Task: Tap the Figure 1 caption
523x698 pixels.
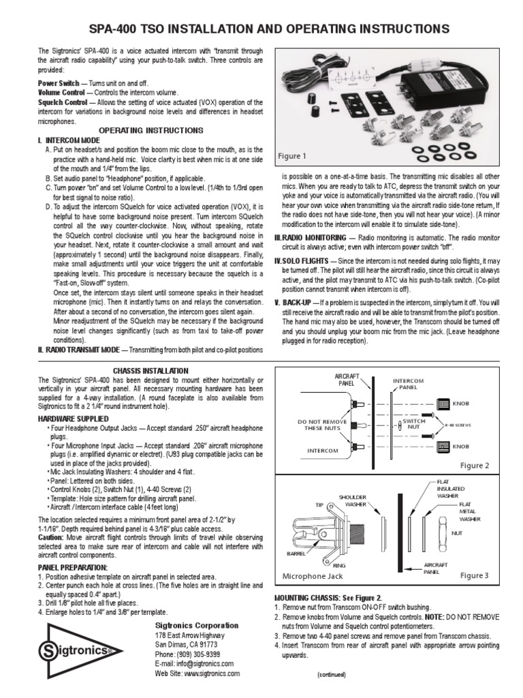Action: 291,156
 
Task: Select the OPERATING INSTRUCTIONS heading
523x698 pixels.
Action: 151,130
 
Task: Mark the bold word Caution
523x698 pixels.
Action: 51,536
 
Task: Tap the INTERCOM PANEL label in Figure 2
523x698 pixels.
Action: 409,384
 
